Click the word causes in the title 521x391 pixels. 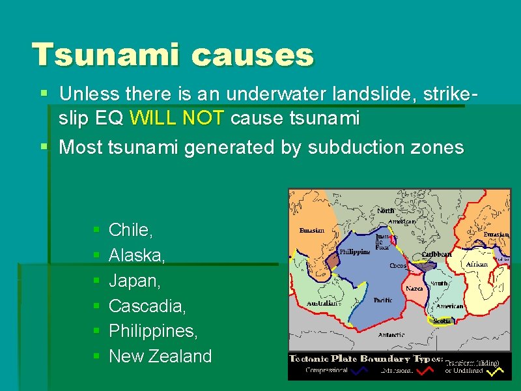[252, 55]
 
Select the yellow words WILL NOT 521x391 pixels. [177, 118]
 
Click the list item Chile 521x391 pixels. [131, 230]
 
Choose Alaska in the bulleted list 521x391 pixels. [137, 255]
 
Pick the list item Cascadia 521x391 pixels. [144, 306]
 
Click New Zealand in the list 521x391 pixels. [160, 356]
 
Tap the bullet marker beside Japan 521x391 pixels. [96, 281]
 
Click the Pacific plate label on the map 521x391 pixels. [383, 300]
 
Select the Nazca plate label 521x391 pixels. [414, 287]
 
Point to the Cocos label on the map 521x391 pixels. [398, 266]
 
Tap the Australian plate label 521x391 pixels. [323, 303]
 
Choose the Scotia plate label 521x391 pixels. [442, 321]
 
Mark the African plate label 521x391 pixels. [476, 264]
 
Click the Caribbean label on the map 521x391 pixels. [437, 254]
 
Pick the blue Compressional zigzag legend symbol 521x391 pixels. [358, 371]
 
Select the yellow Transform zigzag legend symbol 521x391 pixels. [497, 371]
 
